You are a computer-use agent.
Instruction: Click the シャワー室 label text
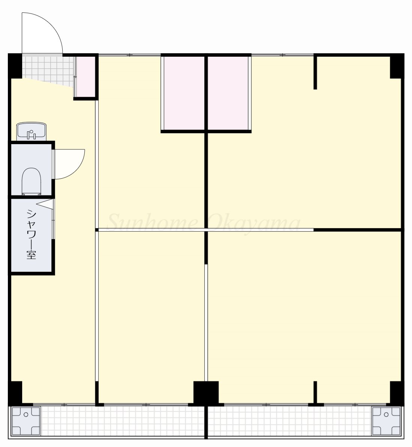tap(31, 234)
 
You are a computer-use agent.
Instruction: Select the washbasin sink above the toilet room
tap(31, 131)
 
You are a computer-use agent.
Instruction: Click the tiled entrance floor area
tap(48, 70)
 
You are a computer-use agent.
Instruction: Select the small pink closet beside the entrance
tap(86, 77)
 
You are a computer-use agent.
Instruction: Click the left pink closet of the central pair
tap(184, 93)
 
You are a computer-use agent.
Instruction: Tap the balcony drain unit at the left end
tap(26, 420)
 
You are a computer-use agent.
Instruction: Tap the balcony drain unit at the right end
tap(386, 420)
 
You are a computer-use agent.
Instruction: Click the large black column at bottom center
tap(206, 393)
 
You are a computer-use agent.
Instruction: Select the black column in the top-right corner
tap(397, 66)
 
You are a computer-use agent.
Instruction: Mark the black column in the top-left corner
tap(15, 66)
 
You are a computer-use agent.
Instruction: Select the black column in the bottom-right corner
tap(397, 393)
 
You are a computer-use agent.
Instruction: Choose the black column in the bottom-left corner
tap(15, 393)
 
